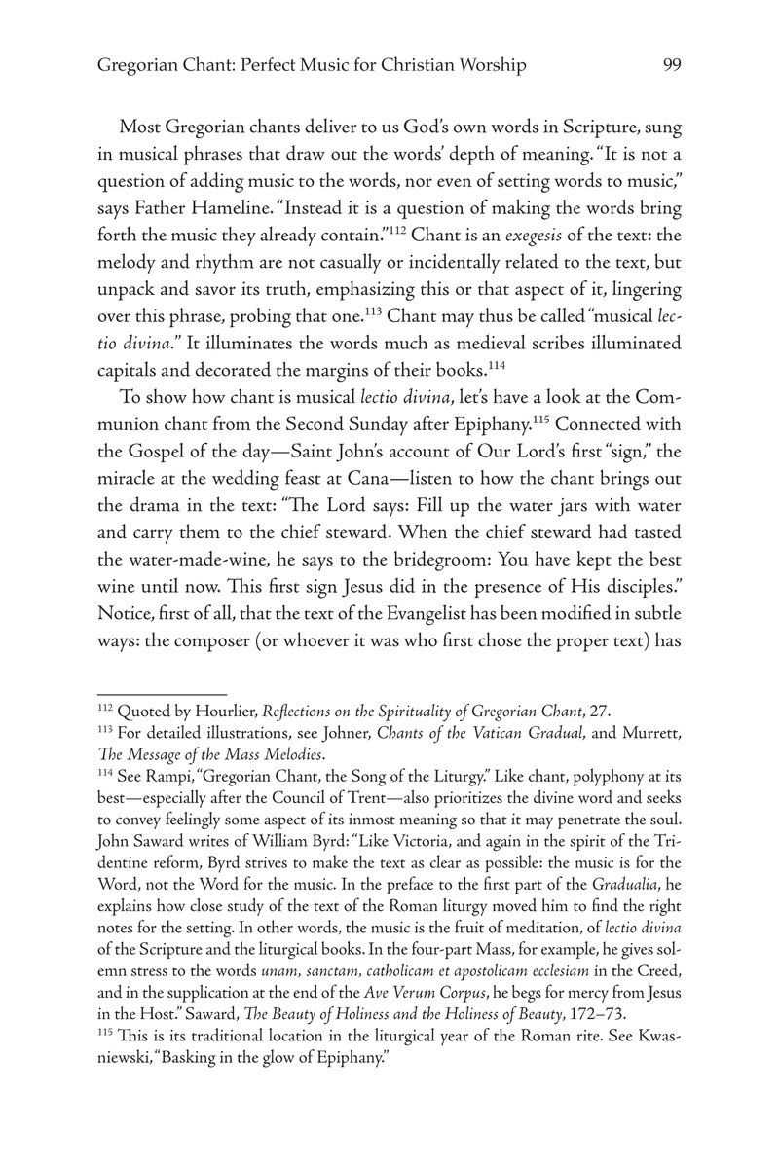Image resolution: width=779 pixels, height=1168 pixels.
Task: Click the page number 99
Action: (x=670, y=65)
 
